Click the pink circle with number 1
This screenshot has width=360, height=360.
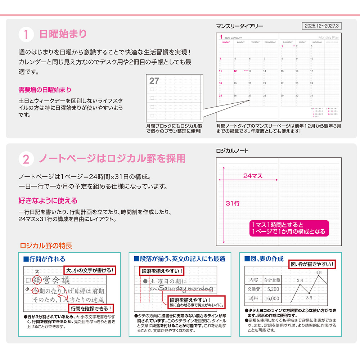pyautogui.click(x=26, y=35)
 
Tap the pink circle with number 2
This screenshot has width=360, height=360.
pyautogui.click(x=26, y=159)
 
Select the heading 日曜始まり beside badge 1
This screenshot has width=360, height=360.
pyautogui.click(x=63, y=34)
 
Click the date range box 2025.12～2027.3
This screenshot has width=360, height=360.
pyautogui.click(x=322, y=26)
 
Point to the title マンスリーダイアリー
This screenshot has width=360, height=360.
pyautogui.click(x=239, y=26)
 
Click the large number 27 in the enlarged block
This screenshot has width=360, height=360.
pyautogui.click(x=154, y=81)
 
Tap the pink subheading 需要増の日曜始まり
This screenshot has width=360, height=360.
pyautogui.click(x=45, y=90)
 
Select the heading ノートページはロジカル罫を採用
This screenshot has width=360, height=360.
pyautogui.click(x=112, y=158)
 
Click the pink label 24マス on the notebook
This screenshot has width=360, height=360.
pyautogui.click(x=253, y=176)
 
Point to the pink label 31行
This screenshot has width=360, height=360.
pyautogui.click(x=233, y=203)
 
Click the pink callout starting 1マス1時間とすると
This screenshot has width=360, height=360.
pyautogui.click(x=289, y=228)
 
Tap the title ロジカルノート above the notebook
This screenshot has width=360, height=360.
pyautogui.click(x=232, y=151)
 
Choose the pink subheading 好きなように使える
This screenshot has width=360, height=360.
pyautogui.click(x=48, y=201)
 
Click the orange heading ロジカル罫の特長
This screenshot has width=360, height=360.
pyautogui.click(x=46, y=246)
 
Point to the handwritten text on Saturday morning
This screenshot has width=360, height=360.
pyautogui.click(x=181, y=288)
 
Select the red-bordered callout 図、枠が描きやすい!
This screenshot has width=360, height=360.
pyautogui.click(x=312, y=265)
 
